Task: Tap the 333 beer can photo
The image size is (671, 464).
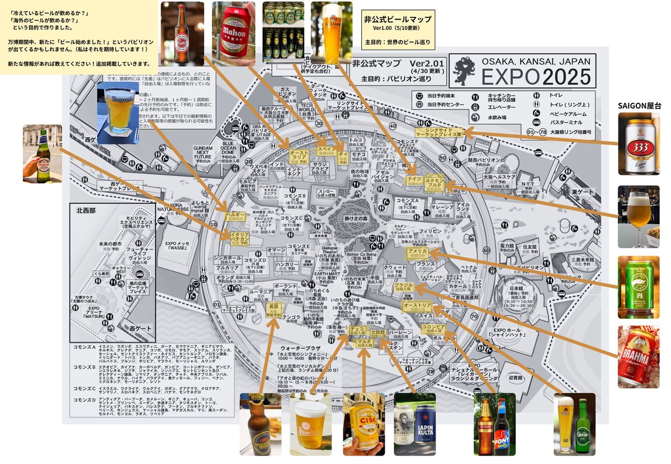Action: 639,145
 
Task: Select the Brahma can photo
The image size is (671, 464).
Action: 639,357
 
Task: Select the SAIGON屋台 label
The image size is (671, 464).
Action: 639,105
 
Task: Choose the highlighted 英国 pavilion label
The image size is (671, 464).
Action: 273,309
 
